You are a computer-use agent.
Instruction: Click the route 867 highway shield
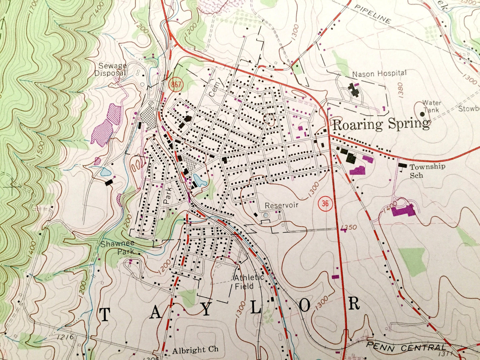[x=176, y=85]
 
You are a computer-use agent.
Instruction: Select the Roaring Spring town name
[x=381, y=125]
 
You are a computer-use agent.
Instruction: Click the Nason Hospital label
[x=379, y=73]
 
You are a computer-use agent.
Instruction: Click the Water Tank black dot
[x=422, y=114]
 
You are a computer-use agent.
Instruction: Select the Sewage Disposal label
[x=111, y=69]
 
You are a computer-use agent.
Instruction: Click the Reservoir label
[x=281, y=206]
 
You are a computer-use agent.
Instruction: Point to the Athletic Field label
[x=248, y=282]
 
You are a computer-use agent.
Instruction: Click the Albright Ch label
[x=195, y=350]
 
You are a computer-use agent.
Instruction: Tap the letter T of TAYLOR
[x=105, y=315]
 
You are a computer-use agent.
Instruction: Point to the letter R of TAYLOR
[x=354, y=304]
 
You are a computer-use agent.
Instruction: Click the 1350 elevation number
[x=348, y=227]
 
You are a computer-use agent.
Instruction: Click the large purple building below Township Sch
[x=403, y=211]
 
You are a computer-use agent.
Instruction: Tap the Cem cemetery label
[x=212, y=90]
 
